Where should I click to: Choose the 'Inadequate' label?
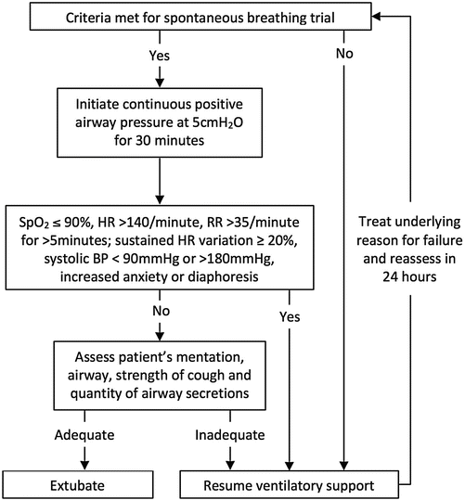(x=228, y=435)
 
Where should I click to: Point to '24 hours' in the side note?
(x=403, y=302)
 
